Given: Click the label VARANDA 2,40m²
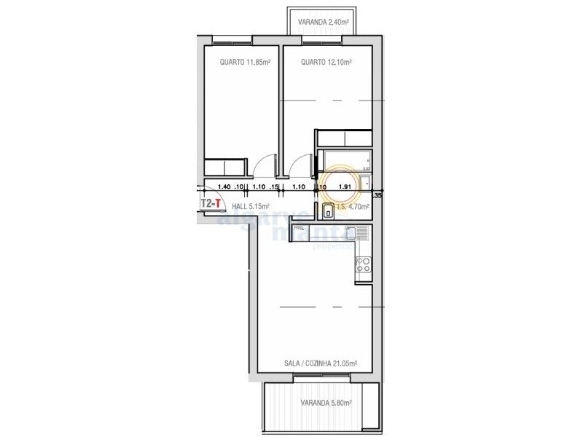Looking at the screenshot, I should [x=323, y=22].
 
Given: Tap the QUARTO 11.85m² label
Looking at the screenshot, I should [x=245, y=63].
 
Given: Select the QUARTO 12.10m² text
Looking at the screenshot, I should [x=326, y=63].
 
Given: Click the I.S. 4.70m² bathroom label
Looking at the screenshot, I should [x=353, y=207].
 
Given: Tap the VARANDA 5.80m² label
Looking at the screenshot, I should [x=326, y=403].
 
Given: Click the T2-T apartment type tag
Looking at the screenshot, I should [x=211, y=204].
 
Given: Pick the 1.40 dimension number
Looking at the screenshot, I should [x=224, y=187].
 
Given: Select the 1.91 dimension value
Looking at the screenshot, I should [x=346, y=187].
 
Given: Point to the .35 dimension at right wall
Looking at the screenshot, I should [x=377, y=195].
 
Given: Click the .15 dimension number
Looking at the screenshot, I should [x=274, y=187].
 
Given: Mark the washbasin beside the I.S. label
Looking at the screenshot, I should [x=329, y=212].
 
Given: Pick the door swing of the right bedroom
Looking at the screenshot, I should [x=299, y=169].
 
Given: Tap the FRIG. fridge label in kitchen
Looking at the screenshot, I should [x=298, y=229].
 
